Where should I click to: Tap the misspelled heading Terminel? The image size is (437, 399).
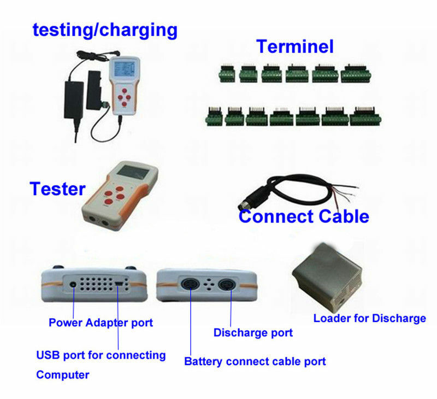pos(295,46)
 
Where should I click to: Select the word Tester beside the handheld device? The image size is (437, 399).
pos(57,189)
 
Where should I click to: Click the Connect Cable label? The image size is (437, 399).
pos(304,216)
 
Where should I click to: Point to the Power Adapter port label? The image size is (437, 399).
pos(101,322)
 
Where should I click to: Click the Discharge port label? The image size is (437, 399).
pos(253,332)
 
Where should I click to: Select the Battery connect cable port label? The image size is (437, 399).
pos(255,361)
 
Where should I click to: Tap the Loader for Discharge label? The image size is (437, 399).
pos(369,318)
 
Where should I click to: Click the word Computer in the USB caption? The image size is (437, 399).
pos(62,375)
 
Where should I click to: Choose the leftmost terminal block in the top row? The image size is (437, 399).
pos(226,74)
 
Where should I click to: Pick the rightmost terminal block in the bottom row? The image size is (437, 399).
pos(365,116)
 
